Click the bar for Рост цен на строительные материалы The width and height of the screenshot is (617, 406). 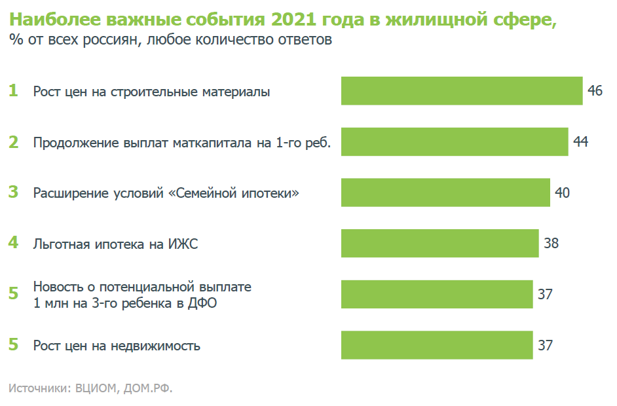(x=462, y=91)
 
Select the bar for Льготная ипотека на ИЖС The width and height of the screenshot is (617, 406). (x=439, y=244)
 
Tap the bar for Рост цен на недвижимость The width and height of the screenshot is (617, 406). (x=437, y=345)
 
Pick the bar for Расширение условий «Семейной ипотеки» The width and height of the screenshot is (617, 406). (x=445, y=193)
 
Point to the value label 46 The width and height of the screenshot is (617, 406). (x=595, y=91)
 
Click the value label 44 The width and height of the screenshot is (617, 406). (x=580, y=142)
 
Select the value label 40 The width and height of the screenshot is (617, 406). (x=562, y=193)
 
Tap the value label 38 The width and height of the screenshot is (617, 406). (x=551, y=244)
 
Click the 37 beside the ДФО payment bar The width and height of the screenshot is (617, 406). (x=545, y=294)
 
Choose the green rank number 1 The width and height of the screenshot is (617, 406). (x=13, y=91)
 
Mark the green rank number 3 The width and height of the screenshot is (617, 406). (x=13, y=193)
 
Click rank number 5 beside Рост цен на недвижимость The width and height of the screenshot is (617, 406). (x=13, y=345)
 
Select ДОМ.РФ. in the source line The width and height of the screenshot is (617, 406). (x=149, y=388)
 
